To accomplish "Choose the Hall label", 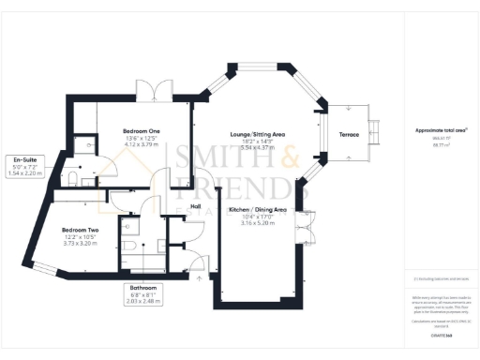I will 196,206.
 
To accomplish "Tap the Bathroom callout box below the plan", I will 143,293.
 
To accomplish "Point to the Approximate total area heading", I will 441,129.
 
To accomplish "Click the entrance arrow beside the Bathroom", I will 200,277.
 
